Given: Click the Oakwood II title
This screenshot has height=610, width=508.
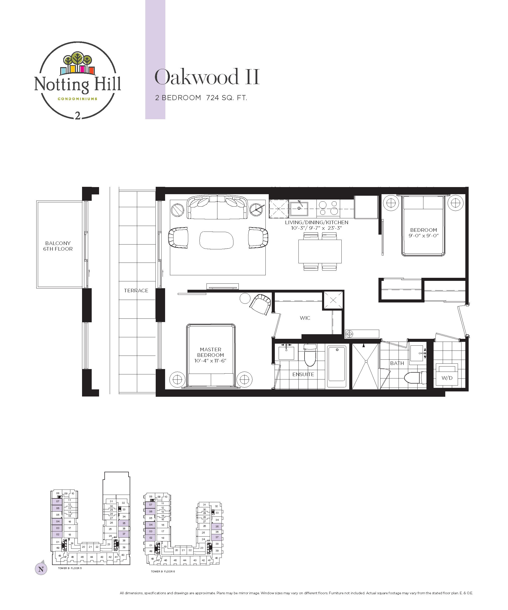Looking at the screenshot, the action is coord(207,77).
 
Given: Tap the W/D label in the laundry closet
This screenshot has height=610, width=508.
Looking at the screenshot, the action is coord(447,378).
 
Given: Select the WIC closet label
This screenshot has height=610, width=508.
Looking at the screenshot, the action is coord(305,318).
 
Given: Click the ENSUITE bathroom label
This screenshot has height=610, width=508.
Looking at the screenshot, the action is coord(303,374).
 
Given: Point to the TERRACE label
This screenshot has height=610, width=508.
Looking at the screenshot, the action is coord(136,291).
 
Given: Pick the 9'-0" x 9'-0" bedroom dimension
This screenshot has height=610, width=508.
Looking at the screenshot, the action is coord(423,236).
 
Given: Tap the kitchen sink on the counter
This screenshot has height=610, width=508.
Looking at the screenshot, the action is coord(298,209).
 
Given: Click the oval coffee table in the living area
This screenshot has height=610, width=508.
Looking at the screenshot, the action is coord(217,240).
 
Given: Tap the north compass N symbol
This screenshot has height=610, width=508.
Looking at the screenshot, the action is coord(41,569).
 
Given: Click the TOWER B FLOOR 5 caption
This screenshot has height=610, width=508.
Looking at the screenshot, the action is coord(70,568).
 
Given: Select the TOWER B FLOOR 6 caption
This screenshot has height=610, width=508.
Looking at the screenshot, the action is coord(163,571).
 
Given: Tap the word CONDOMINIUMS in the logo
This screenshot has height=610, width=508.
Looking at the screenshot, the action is coord(77,99).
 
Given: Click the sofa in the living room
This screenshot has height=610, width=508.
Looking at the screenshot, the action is coord(217,207).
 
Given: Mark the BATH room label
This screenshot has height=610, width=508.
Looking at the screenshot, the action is coord(397,363).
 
